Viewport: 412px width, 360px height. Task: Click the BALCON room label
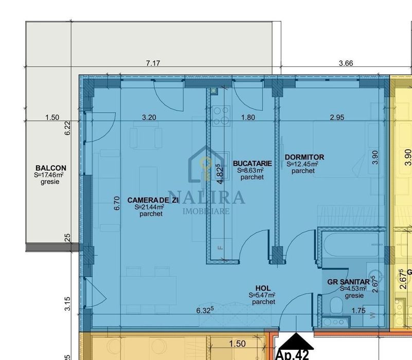(x=50, y=168)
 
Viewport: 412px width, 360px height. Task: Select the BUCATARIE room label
(x=252, y=163)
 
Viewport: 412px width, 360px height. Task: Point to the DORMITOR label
(x=304, y=157)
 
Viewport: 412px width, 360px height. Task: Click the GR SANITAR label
(x=349, y=282)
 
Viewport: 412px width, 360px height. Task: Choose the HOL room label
(x=263, y=289)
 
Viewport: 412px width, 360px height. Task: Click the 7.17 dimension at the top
(x=153, y=63)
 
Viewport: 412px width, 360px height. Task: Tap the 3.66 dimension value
(x=346, y=63)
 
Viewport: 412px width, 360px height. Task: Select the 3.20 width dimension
(x=149, y=117)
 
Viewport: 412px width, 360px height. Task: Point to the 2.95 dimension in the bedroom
(x=337, y=117)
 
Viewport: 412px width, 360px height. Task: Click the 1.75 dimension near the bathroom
(x=358, y=310)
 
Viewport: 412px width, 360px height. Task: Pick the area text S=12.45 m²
(x=302, y=165)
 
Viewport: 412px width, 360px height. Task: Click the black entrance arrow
(x=295, y=340)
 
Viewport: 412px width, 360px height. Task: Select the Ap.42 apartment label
(x=292, y=355)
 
